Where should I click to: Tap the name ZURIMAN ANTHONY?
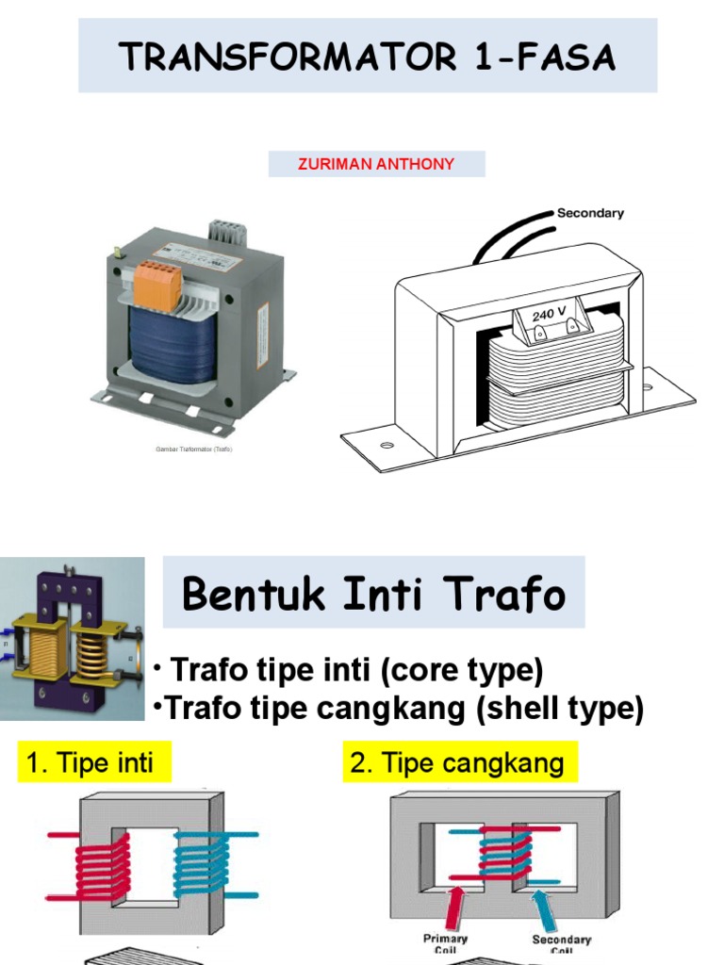(x=376, y=164)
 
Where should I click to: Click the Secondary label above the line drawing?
(x=590, y=213)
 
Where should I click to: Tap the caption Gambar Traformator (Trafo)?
(x=193, y=450)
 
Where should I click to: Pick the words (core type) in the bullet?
(x=468, y=671)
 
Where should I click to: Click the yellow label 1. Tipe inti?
(x=90, y=761)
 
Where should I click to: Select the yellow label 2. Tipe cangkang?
(x=457, y=762)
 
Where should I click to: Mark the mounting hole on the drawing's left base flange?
(x=387, y=444)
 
